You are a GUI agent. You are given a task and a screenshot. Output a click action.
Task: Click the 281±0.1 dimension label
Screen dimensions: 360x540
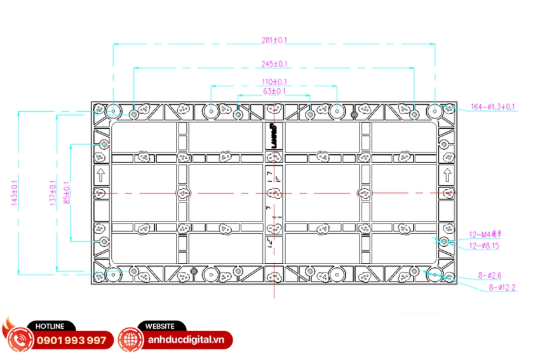point(274,40)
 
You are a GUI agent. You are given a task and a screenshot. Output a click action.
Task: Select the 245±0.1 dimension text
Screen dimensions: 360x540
point(274,63)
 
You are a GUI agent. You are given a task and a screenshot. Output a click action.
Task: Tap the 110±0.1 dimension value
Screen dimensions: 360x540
point(274,82)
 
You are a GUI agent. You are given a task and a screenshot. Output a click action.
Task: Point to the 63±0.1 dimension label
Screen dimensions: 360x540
point(274,91)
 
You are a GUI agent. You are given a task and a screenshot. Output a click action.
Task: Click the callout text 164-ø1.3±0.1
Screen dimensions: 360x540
point(493,107)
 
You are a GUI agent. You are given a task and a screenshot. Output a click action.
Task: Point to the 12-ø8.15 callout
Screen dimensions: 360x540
point(484,246)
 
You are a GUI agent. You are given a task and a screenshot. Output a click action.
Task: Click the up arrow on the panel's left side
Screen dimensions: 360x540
point(100,175)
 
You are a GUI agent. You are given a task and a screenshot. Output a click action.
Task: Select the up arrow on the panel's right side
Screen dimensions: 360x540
point(447,175)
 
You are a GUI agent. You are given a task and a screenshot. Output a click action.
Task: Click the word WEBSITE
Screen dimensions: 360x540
point(160,326)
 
